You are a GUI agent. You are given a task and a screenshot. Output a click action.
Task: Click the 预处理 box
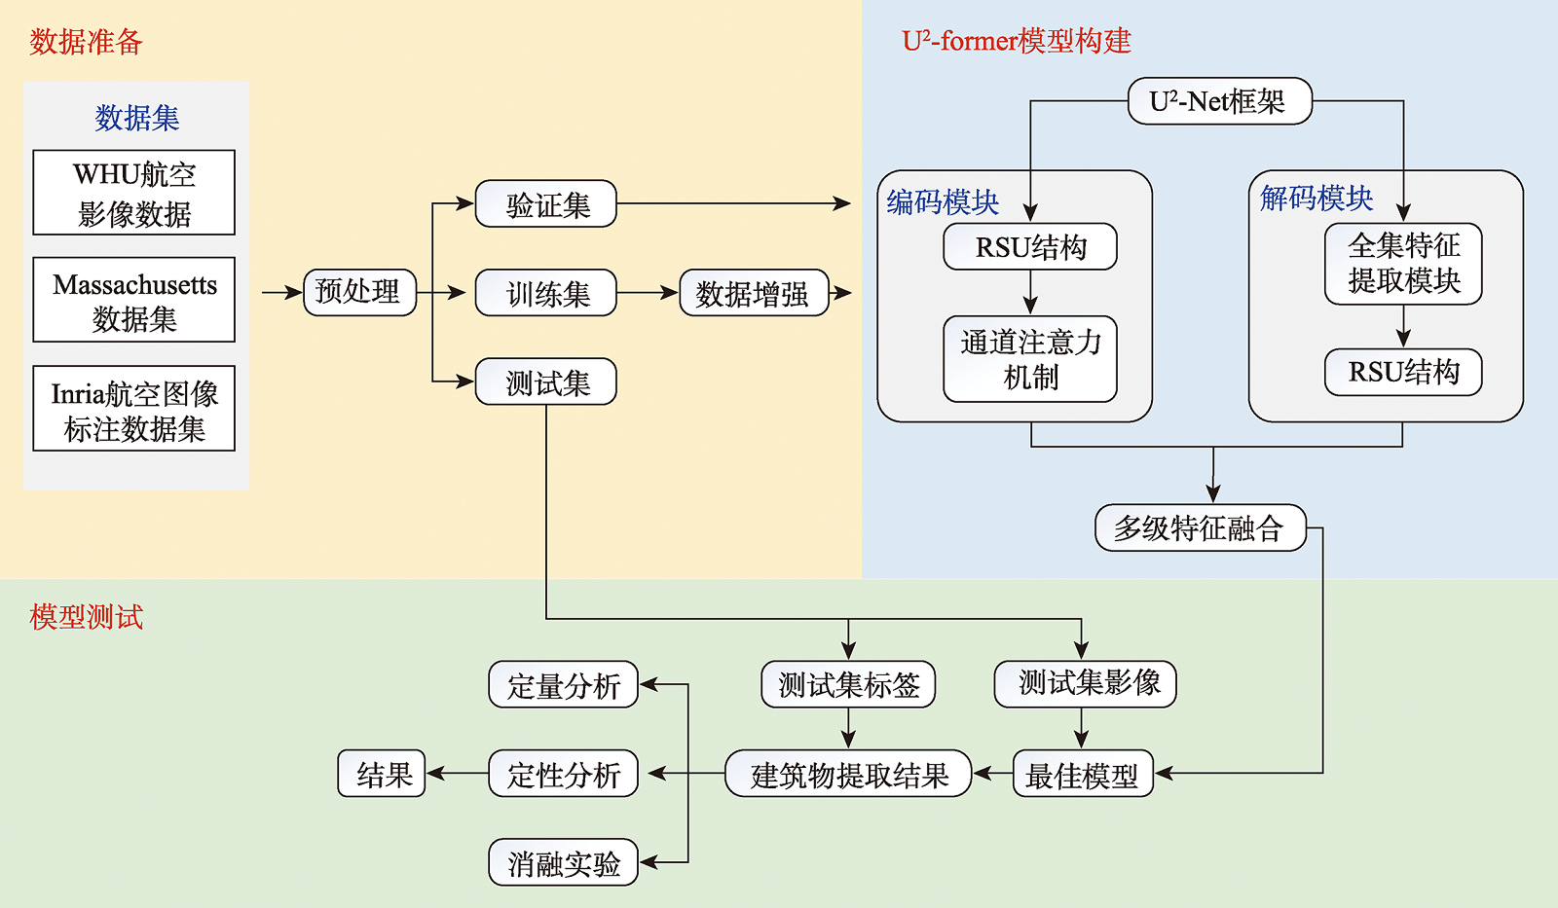coord(359,292)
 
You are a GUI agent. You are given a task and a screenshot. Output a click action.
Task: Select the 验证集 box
coord(545,204)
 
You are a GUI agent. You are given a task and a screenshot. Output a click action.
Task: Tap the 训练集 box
coord(545,293)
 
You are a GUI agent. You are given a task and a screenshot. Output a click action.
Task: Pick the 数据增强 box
coord(753,293)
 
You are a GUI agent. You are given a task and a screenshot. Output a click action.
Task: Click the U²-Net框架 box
coord(1219,101)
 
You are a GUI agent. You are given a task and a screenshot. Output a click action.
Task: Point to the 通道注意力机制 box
coord(1029,358)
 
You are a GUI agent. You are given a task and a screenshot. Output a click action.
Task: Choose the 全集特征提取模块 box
coord(1402,264)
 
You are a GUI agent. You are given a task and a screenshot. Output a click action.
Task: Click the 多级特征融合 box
coord(1200,527)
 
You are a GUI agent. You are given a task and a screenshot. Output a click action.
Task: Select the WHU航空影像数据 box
coord(133,193)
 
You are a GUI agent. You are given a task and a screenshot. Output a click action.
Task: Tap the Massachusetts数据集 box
coord(133,300)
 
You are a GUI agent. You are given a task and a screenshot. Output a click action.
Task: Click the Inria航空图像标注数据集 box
coord(133,409)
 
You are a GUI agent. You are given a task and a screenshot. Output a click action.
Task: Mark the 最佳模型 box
coord(1082,775)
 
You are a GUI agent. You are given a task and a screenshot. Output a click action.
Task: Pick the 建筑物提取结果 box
coord(848,775)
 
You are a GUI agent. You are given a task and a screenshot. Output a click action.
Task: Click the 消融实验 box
coord(563,862)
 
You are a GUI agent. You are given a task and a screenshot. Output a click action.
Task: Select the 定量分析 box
coord(563,685)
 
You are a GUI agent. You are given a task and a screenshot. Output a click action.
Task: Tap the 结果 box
coord(382,775)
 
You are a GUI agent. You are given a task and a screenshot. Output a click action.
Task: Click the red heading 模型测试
coord(86,617)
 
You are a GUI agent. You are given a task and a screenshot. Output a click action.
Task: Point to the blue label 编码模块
coord(943,201)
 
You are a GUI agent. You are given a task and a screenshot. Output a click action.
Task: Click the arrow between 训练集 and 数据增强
coord(648,293)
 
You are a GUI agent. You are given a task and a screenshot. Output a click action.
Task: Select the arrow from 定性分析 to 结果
coord(458,775)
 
